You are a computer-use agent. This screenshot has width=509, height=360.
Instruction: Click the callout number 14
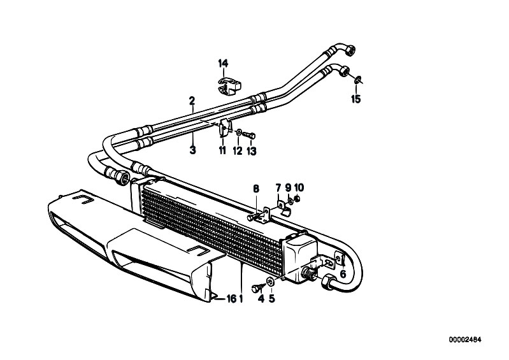point(223,63)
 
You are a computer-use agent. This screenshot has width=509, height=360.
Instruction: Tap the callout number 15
point(355,99)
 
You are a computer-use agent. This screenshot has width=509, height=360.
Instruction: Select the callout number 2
point(192,101)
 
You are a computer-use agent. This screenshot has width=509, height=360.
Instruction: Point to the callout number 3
point(193,150)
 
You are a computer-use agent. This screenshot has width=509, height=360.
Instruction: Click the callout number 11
point(222,150)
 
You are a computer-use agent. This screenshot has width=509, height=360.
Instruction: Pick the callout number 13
point(252,151)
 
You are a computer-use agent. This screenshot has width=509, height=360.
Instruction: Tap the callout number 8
point(256,188)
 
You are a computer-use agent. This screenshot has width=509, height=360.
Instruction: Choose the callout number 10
point(299,187)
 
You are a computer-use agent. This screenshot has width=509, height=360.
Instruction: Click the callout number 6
point(343,275)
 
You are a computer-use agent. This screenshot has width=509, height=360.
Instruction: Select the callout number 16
point(231,299)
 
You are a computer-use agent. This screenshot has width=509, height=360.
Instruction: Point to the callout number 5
point(272,299)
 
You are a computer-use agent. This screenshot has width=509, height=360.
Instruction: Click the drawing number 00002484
point(465,340)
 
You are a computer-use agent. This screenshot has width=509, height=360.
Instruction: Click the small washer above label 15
point(358,78)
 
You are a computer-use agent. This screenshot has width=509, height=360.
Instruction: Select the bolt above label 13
point(249,134)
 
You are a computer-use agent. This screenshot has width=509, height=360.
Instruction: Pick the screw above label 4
point(259,287)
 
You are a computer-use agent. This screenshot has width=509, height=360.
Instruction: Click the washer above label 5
point(270,281)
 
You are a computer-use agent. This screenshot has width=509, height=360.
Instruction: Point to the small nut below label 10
point(296,198)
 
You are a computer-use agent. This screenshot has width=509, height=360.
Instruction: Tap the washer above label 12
point(239,132)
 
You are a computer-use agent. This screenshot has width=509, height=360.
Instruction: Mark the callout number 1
point(241,299)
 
